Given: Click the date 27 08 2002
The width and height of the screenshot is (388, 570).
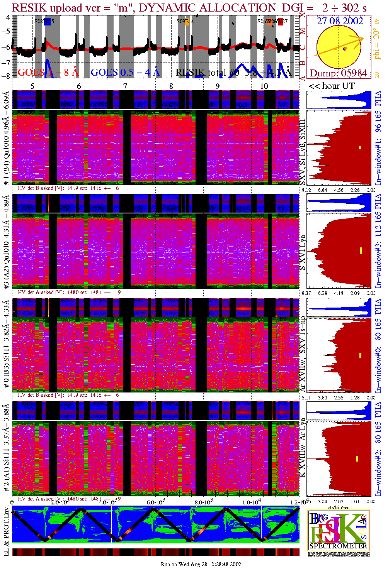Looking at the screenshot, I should (x=340, y=21).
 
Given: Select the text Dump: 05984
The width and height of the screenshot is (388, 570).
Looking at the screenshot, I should (x=339, y=73).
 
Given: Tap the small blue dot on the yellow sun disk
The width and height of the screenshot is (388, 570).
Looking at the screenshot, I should (x=345, y=49).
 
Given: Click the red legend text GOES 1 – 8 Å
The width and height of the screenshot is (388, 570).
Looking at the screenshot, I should (x=48, y=72).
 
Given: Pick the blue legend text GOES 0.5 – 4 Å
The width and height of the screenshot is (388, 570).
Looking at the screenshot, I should (x=125, y=72).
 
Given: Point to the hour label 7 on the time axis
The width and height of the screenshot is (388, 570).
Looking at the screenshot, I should (x=125, y=86).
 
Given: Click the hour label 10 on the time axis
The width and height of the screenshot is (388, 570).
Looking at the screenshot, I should (x=264, y=86).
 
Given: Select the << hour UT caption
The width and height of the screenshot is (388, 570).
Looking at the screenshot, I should (x=331, y=86).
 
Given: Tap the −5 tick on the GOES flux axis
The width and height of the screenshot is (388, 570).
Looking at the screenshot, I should (x=6, y=31).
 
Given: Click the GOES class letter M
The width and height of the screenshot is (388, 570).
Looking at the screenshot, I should (x=303, y=31).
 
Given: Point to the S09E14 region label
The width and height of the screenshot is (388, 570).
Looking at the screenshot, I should (x=185, y=22).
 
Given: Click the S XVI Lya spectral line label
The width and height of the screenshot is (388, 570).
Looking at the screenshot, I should (x=303, y=252).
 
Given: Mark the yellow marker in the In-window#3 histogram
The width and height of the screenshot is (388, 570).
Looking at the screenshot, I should (x=361, y=250).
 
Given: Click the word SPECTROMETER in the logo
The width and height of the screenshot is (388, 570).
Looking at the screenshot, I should (x=338, y=546).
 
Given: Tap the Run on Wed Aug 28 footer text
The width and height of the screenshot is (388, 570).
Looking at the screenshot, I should (x=201, y=564).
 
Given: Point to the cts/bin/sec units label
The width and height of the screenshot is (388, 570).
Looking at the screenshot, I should (x=339, y=507).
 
